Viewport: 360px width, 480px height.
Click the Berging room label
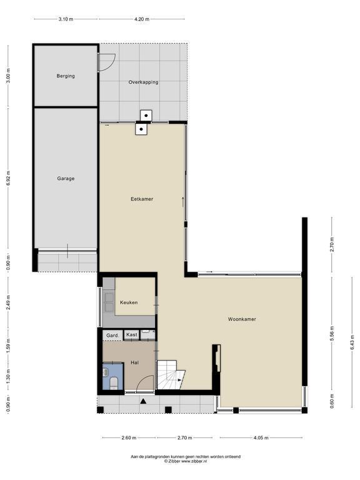[66, 76]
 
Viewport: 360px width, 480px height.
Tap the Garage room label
[66, 179]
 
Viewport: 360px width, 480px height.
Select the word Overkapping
[143, 82]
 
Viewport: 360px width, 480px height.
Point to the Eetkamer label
[142, 199]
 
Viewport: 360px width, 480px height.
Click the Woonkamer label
[242, 319]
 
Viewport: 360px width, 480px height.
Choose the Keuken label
[129, 302]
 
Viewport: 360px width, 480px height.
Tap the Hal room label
[135, 362]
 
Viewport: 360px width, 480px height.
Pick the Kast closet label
[132, 334]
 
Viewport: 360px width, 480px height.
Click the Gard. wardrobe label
[112, 336]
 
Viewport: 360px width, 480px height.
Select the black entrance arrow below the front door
[143, 401]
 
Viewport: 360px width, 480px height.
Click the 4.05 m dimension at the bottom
[261, 437]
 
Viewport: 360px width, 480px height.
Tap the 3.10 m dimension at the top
[66, 19]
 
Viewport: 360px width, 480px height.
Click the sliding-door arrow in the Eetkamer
[182, 201]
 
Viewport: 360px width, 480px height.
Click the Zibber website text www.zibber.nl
[194, 461]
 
